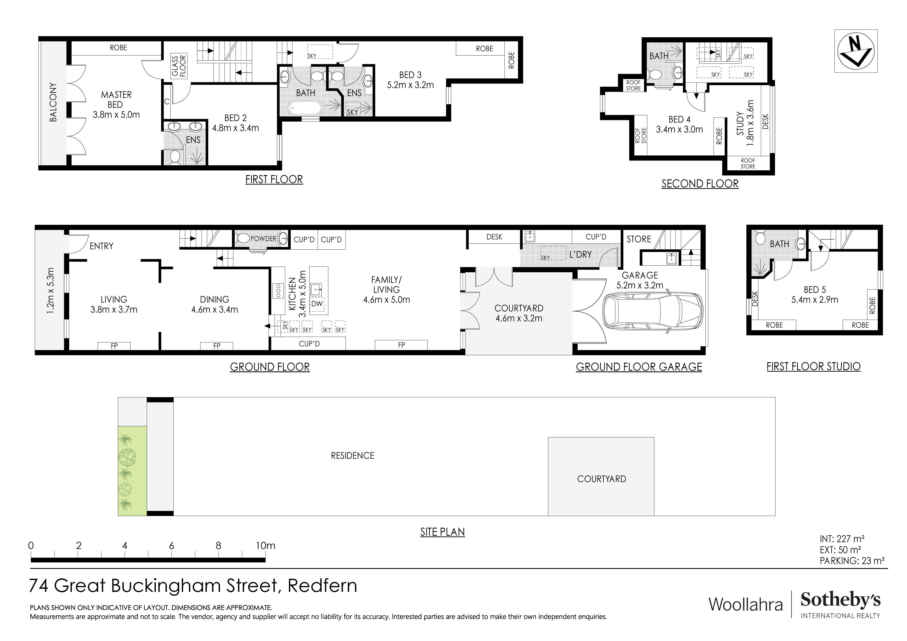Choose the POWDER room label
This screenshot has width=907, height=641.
[264, 239]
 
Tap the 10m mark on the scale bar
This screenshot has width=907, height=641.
[265, 546]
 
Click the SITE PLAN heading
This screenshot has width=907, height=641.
[442, 532]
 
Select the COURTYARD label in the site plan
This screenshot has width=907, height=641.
[601, 479]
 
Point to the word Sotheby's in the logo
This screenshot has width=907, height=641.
[840, 600]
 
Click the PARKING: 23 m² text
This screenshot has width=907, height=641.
[852, 560]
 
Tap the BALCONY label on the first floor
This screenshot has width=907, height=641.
[53, 102]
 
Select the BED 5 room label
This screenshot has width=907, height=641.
[815, 290]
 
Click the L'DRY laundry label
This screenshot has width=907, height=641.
[580, 254]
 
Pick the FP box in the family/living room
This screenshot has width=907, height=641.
[401, 345]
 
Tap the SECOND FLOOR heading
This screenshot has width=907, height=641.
[700, 184]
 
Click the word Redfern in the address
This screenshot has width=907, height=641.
[322, 585]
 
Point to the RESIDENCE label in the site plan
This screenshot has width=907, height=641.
[352, 456]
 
